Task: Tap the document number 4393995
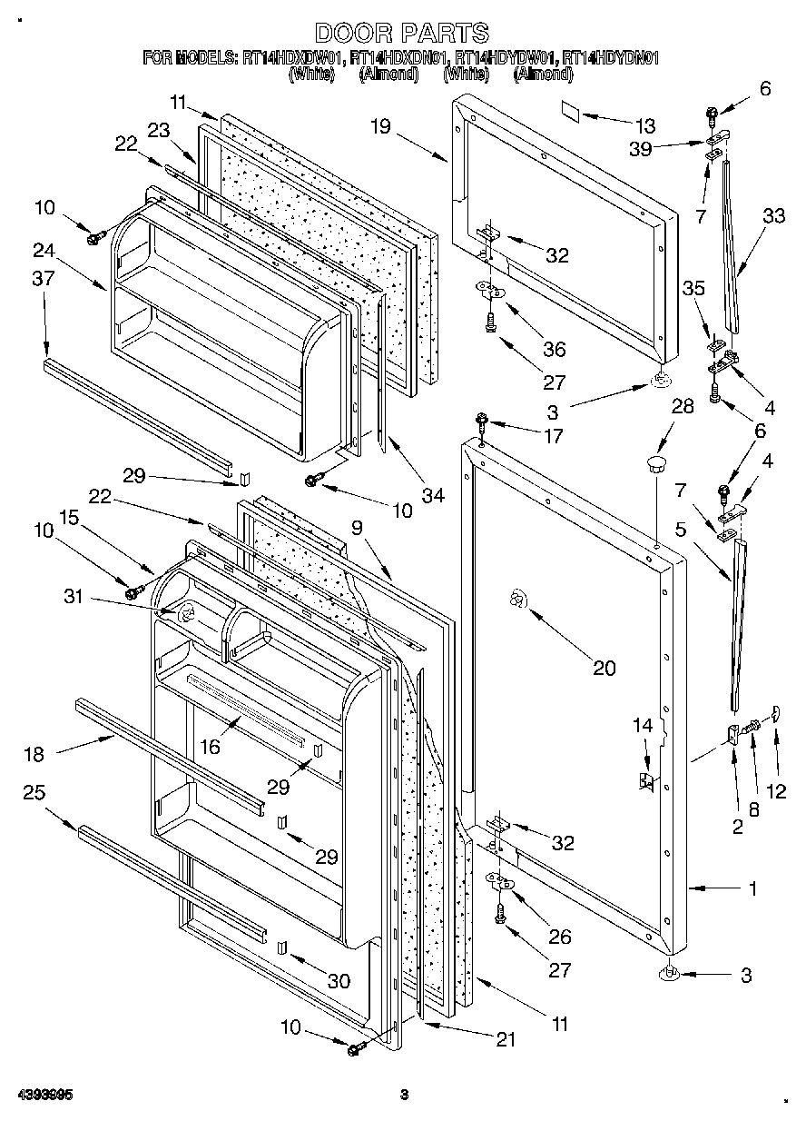pyautogui.click(x=43, y=1095)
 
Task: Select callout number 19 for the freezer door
pyautogui.click(x=380, y=126)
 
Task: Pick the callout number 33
pyautogui.click(x=773, y=216)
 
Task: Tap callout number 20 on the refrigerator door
pyautogui.click(x=604, y=668)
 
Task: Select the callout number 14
pyautogui.click(x=643, y=725)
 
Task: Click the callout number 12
pyautogui.click(x=776, y=791)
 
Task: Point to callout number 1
pyautogui.click(x=752, y=889)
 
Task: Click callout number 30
pyautogui.click(x=339, y=982)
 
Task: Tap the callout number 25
pyautogui.click(x=34, y=793)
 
